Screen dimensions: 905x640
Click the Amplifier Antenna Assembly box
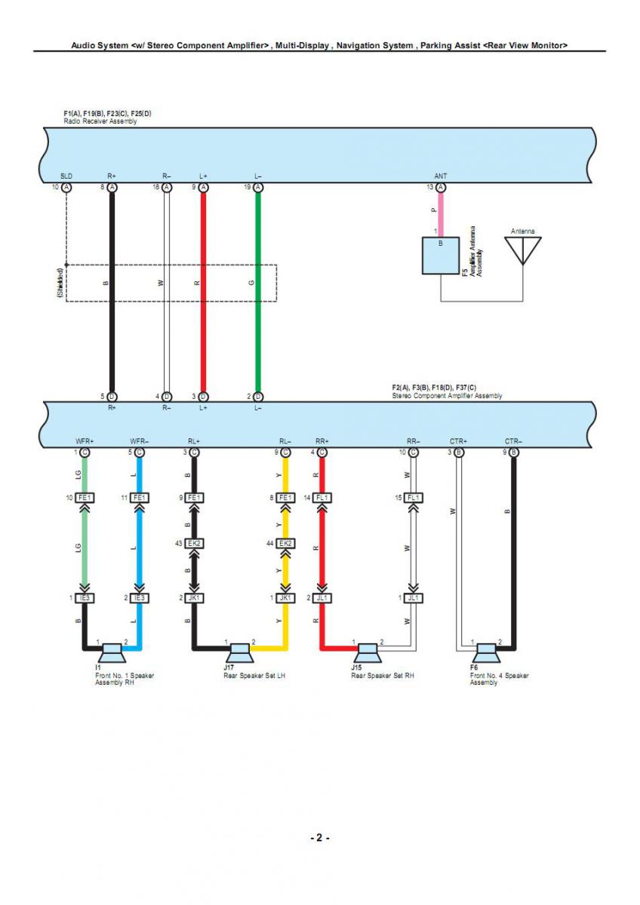[441, 256]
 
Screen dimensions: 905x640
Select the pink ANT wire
[441, 215]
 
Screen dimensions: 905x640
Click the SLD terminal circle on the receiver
[66, 187]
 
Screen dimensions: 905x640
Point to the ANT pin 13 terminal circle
[441, 187]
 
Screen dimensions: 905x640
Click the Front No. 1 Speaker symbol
[112, 649]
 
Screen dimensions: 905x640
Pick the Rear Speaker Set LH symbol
[240, 649]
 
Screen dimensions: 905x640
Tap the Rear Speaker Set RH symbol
[368, 649]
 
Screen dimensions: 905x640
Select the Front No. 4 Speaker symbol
[484, 649]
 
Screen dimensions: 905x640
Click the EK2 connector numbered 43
[194, 543]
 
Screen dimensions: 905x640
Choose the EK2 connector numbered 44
[285, 543]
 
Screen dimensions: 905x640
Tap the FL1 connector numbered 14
[322, 498]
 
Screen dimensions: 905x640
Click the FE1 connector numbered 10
[85, 498]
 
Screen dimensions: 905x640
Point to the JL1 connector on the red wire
[322, 598]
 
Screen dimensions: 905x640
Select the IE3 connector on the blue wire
[138, 598]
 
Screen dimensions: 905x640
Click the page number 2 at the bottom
[319, 838]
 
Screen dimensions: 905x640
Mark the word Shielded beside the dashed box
[60, 283]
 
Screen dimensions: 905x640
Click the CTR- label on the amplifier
[513, 441]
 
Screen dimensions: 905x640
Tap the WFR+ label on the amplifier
[85, 441]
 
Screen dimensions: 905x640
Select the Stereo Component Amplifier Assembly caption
[447, 396]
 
